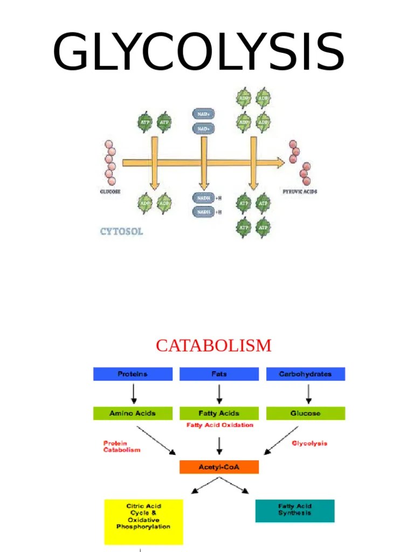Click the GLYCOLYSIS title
coord(198,53)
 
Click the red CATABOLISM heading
coord(213,346)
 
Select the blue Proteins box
coord(133,374)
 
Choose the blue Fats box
coord(219,374)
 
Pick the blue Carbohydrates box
coord(305,374)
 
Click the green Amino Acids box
coord(133,413)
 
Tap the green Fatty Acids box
coord(219,413)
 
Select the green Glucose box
coord(305,413)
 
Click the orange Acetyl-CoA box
coord(219,467)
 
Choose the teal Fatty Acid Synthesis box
coord(294,510)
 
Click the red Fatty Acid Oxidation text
coord(219,425)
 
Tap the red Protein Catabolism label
coord(122,446)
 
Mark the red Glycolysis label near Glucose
coord(309,444)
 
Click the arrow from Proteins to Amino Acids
coord(133,394)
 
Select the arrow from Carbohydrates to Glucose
coord(308,394)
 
